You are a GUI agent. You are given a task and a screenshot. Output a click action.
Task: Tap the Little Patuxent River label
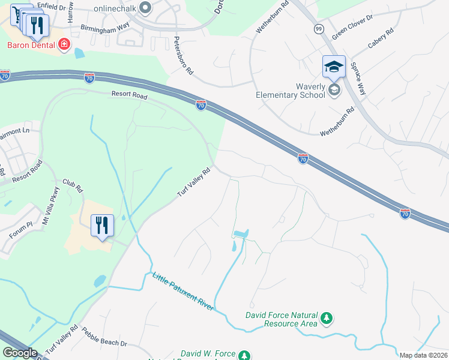pyautogui.click(x=182, y=291)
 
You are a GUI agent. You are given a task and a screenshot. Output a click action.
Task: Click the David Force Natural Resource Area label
pyautogui.click(x=282, y=319)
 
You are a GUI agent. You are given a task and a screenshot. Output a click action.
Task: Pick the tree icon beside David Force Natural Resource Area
pyautogui.click(x=327, y=318)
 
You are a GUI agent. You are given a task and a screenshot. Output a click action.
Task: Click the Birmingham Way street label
pyautogui.click(x=106, y=27)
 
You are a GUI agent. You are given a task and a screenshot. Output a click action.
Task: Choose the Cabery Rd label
pyautogui.click(x=381, y=38)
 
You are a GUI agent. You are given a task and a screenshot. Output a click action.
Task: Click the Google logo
pyautogui.click(x=20, y=353)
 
